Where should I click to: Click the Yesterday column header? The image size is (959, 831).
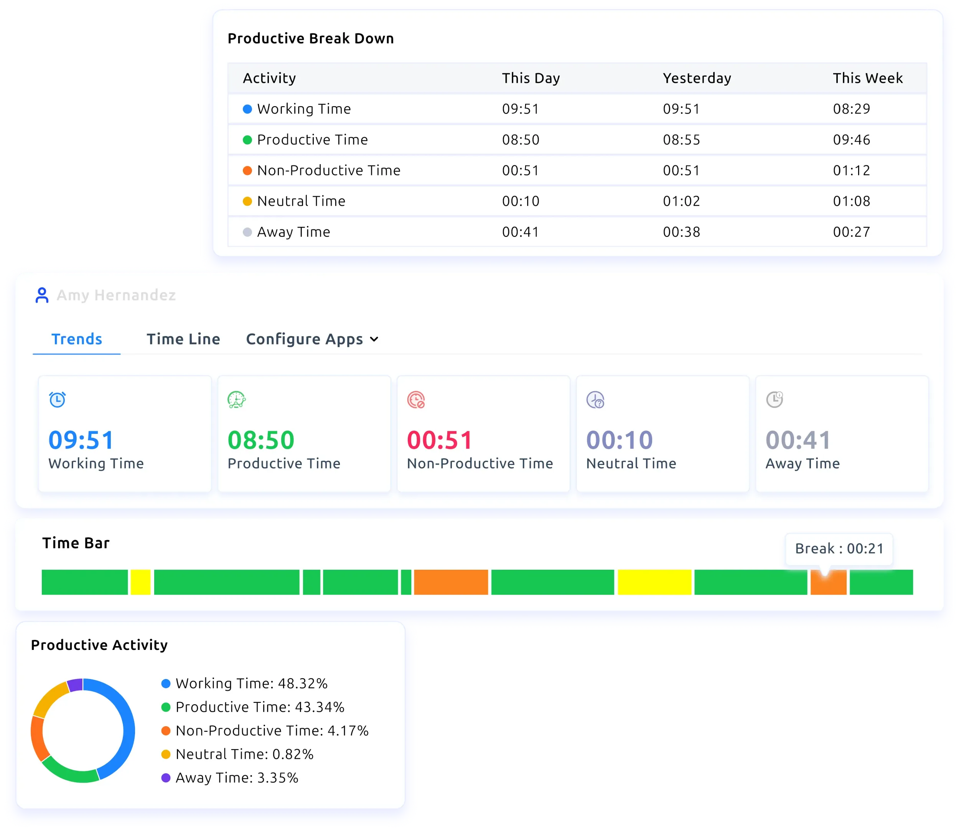(x=697, y=78)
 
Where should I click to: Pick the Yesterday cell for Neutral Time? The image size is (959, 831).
(x=681, y=201)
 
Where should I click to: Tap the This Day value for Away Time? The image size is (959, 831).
(x=520, y=232)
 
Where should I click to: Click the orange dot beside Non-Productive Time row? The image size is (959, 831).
(x=247, y=171)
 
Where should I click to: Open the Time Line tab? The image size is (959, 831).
(x=183, y=339)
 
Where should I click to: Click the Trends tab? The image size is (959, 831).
(x=76, y=339)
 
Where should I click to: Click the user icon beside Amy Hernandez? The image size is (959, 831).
(x=42, y=295)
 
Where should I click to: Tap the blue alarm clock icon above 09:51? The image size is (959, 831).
(x=58, y=399)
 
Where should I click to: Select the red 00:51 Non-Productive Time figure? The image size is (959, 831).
(x=439, y=440)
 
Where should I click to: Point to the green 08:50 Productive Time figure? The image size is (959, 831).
(x=260, y=440)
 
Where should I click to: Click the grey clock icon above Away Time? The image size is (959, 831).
(x=774, y=399)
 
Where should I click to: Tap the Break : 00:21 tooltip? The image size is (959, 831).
(x=839, y=549)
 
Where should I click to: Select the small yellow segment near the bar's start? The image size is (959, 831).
(x=140, y=582)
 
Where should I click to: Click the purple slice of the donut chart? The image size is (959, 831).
(x=75, y=685)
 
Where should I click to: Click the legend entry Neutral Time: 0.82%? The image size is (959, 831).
(x=244, y=754)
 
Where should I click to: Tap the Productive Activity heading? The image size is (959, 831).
(x=99, y=645)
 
